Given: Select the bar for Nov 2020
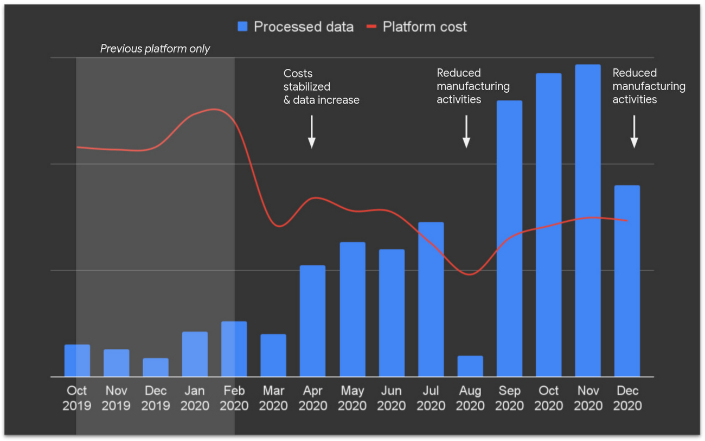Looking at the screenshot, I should (x=588, y=220).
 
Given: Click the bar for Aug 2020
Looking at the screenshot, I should (x=470, y=366).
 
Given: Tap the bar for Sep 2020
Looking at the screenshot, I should (x=509, y=239).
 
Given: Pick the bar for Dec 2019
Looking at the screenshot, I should (x=156, y=367).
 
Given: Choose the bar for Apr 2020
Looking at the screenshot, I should (x=313, y=321).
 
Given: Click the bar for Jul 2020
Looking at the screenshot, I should (x=431, y=299).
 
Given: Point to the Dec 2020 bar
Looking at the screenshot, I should (x=627, y=281).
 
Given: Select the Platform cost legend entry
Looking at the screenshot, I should (x=417, y=27).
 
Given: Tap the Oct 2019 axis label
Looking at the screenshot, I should (x=76, y=398).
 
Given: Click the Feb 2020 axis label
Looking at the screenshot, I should (x=234, y=398).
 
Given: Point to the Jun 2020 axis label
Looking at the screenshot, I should (x=392, y=398).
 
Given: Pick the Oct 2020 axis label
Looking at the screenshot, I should (x=549, y=398).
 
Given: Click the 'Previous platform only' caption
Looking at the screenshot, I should (x=155, y=49).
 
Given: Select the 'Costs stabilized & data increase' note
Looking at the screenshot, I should (x=321, y=87).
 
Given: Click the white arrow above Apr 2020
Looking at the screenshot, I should (x=312, y=131).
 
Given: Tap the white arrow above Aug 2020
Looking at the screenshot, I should (x=466, y=131).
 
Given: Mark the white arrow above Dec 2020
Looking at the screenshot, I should (x=634, y=131).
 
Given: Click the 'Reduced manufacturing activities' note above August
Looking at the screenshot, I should (x=473, y=86).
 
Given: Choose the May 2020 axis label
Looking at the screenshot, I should (x=352, y=398).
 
